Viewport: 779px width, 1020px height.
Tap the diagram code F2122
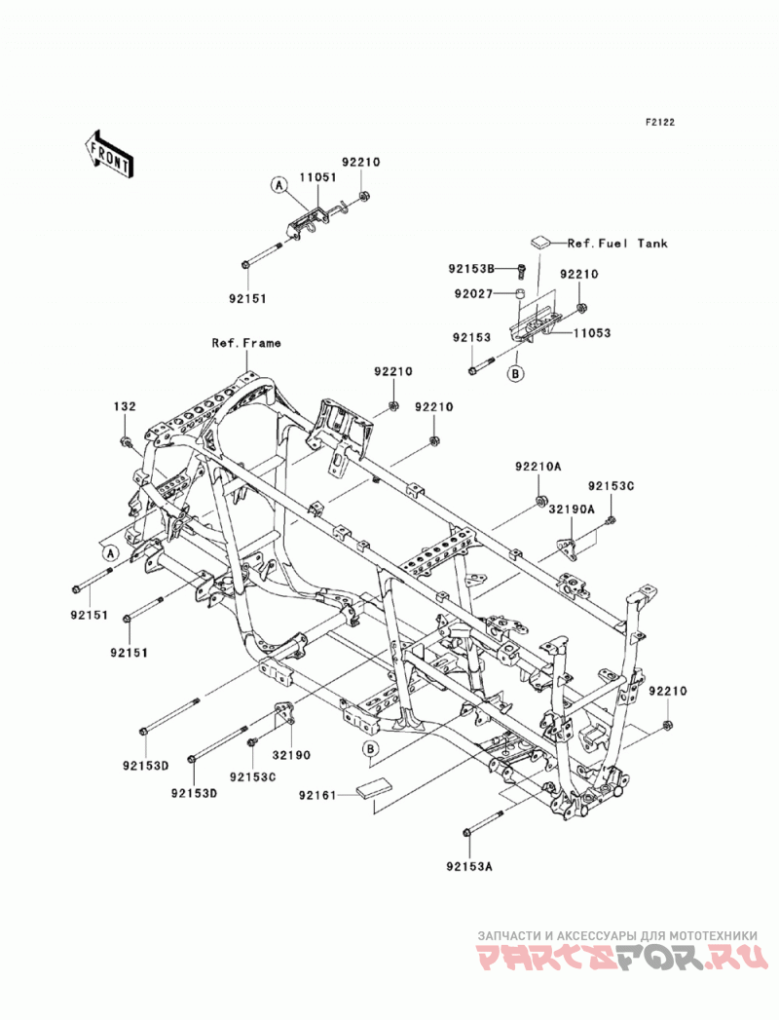[x=659, y=122]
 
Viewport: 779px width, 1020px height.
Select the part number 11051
[x=318, y=177]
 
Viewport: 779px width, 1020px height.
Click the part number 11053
[x=592, y=333]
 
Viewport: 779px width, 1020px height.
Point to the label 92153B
[x=471, y=268]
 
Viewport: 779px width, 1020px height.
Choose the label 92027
[x=473, y=294]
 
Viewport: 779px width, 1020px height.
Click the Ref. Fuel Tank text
[x=617, y=244]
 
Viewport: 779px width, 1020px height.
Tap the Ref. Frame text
[x=246, y=343]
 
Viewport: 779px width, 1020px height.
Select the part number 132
[x=125, y=406]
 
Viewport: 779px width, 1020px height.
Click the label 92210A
[x=538, y=467]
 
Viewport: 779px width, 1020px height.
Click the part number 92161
[x=318, y=795]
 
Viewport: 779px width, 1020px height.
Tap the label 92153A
[x=469, y=866]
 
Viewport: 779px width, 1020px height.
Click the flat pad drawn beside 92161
[x=373, y=788]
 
